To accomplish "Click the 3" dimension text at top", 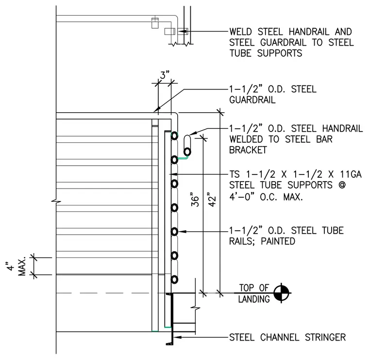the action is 165,75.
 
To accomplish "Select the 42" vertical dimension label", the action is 212,200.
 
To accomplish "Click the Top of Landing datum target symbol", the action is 282,293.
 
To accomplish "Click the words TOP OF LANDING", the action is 254,293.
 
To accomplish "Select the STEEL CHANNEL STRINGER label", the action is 287,337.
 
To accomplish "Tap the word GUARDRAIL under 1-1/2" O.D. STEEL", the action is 252,100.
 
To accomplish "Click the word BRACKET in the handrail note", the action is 248,150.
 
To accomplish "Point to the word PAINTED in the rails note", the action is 278,241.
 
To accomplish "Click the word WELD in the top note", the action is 240,32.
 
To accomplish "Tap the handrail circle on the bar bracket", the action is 187,152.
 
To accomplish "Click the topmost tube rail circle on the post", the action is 174,136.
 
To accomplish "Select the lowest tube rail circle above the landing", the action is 174,279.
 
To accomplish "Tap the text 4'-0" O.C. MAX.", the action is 266,197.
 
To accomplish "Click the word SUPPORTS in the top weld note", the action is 280,53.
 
